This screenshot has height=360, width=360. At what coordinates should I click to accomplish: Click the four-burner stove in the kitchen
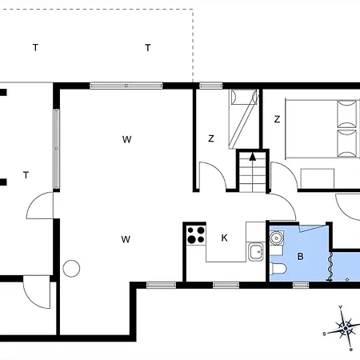[x=196, y=235]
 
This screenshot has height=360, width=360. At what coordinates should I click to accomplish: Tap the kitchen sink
[x=256, y=252]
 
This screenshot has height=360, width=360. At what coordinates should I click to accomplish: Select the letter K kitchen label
[x=225, y=238]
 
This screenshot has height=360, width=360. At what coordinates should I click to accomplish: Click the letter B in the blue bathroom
[x=300, y=257]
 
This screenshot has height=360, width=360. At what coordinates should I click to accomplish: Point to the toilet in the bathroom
[x=278, y=269]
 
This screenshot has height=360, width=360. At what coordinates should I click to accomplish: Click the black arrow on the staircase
[x=253, y=157]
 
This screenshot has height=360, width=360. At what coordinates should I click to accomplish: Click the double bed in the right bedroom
[x=322, y=129]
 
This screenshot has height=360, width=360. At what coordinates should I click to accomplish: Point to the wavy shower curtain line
[x=330, y=266]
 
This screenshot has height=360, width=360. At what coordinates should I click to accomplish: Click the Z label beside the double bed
[x=278, y=119]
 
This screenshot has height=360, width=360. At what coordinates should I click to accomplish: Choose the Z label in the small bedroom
[x=211, y=138]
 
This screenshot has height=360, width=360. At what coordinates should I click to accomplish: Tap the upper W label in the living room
[x=127, y=139]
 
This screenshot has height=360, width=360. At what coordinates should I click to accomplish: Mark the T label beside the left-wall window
[x=26, y=175]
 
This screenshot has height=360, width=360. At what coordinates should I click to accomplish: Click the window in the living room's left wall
[x=56, y=149]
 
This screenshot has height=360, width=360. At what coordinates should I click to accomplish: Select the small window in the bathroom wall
[x=301, y=286]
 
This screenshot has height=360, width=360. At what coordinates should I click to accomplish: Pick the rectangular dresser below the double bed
[x=318, y=178]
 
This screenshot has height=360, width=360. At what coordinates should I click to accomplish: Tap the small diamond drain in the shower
[x=347, y=279]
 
